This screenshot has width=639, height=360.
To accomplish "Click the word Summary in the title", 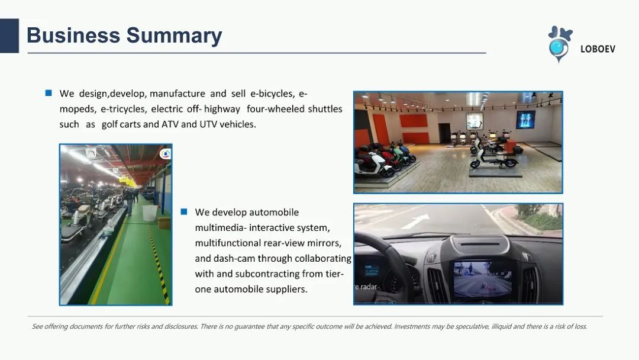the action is (x=174, y=36).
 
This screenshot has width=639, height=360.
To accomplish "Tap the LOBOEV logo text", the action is (x=598, y=49).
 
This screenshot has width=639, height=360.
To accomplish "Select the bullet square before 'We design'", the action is (x=49, y=93).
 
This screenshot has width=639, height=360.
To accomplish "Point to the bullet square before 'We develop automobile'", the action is (x=184, y=211).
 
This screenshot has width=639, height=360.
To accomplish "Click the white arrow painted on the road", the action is (x=415, y=221).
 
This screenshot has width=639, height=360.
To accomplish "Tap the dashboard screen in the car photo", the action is (x=482, y=279).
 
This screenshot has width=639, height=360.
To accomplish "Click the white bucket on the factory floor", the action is (x=150, y=213).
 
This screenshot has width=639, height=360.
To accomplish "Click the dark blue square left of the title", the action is (x=9, y=36).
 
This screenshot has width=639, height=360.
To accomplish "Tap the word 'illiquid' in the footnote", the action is (x=501, y=327).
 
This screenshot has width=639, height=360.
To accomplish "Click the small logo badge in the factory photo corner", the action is (x=165, y=154).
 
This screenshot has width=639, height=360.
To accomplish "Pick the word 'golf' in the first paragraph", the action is (x=109, y=124).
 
